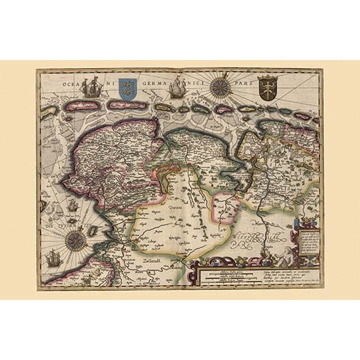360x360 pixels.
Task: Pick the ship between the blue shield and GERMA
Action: coord(176,89)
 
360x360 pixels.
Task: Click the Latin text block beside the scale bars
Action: coord(282,274)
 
